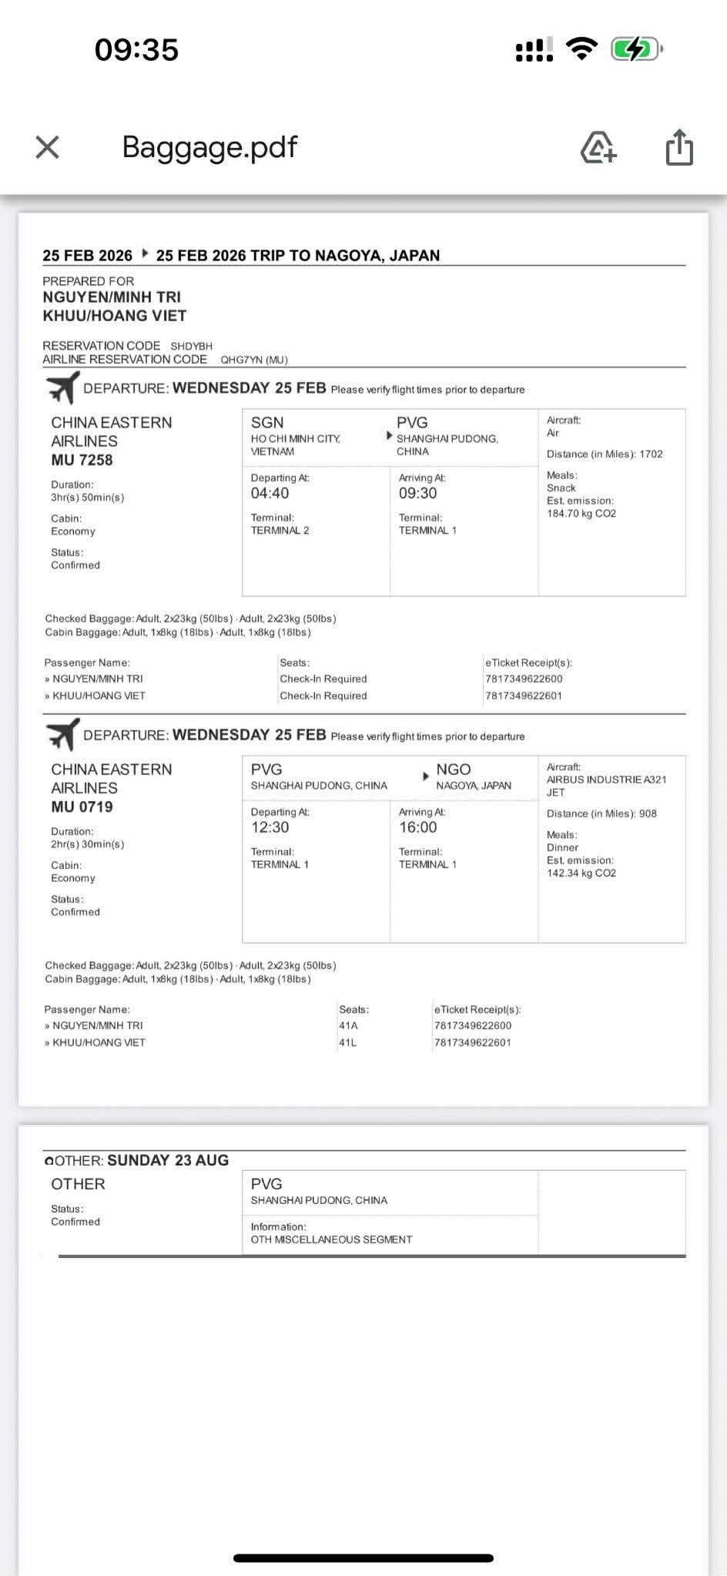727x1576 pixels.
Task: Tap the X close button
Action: point(48,147)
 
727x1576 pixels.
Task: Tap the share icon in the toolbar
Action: point(678,147)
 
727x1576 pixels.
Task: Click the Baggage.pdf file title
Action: point(209,146)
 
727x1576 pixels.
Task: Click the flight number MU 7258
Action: point(82,460)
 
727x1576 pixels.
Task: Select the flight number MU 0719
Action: point(82,806)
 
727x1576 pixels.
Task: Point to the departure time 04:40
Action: point(270,493)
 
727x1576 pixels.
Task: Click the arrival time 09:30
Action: point(417,493)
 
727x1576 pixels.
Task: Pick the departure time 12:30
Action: point(270,827)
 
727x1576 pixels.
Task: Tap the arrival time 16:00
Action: point(417,827)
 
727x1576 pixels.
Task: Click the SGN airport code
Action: point(267,422)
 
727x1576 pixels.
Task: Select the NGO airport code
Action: point(453,770)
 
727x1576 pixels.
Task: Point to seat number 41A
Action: point(348,1025)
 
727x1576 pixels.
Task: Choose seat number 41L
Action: point(348,1042)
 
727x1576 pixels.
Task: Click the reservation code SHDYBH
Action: point(191,347)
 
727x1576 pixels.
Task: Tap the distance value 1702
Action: point(651,454)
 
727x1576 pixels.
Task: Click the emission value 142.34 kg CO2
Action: point(581,873)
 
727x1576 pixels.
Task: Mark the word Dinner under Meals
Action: point(562,847)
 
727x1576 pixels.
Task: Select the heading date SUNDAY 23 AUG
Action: point(168,1160)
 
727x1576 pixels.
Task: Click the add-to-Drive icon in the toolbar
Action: point(598,147)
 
